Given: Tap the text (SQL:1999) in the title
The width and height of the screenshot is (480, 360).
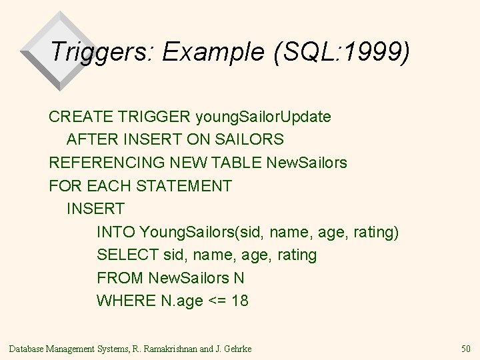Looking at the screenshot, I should point(339,51).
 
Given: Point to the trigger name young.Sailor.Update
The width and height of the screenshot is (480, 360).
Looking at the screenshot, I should point(263,117).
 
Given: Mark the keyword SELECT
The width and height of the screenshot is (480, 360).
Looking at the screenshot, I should point(125,255).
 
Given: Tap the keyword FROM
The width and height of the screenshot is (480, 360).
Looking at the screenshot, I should point(120,277).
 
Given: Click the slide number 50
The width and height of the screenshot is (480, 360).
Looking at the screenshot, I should point(466,348).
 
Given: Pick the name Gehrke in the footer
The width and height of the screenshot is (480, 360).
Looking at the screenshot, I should point(237,348).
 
